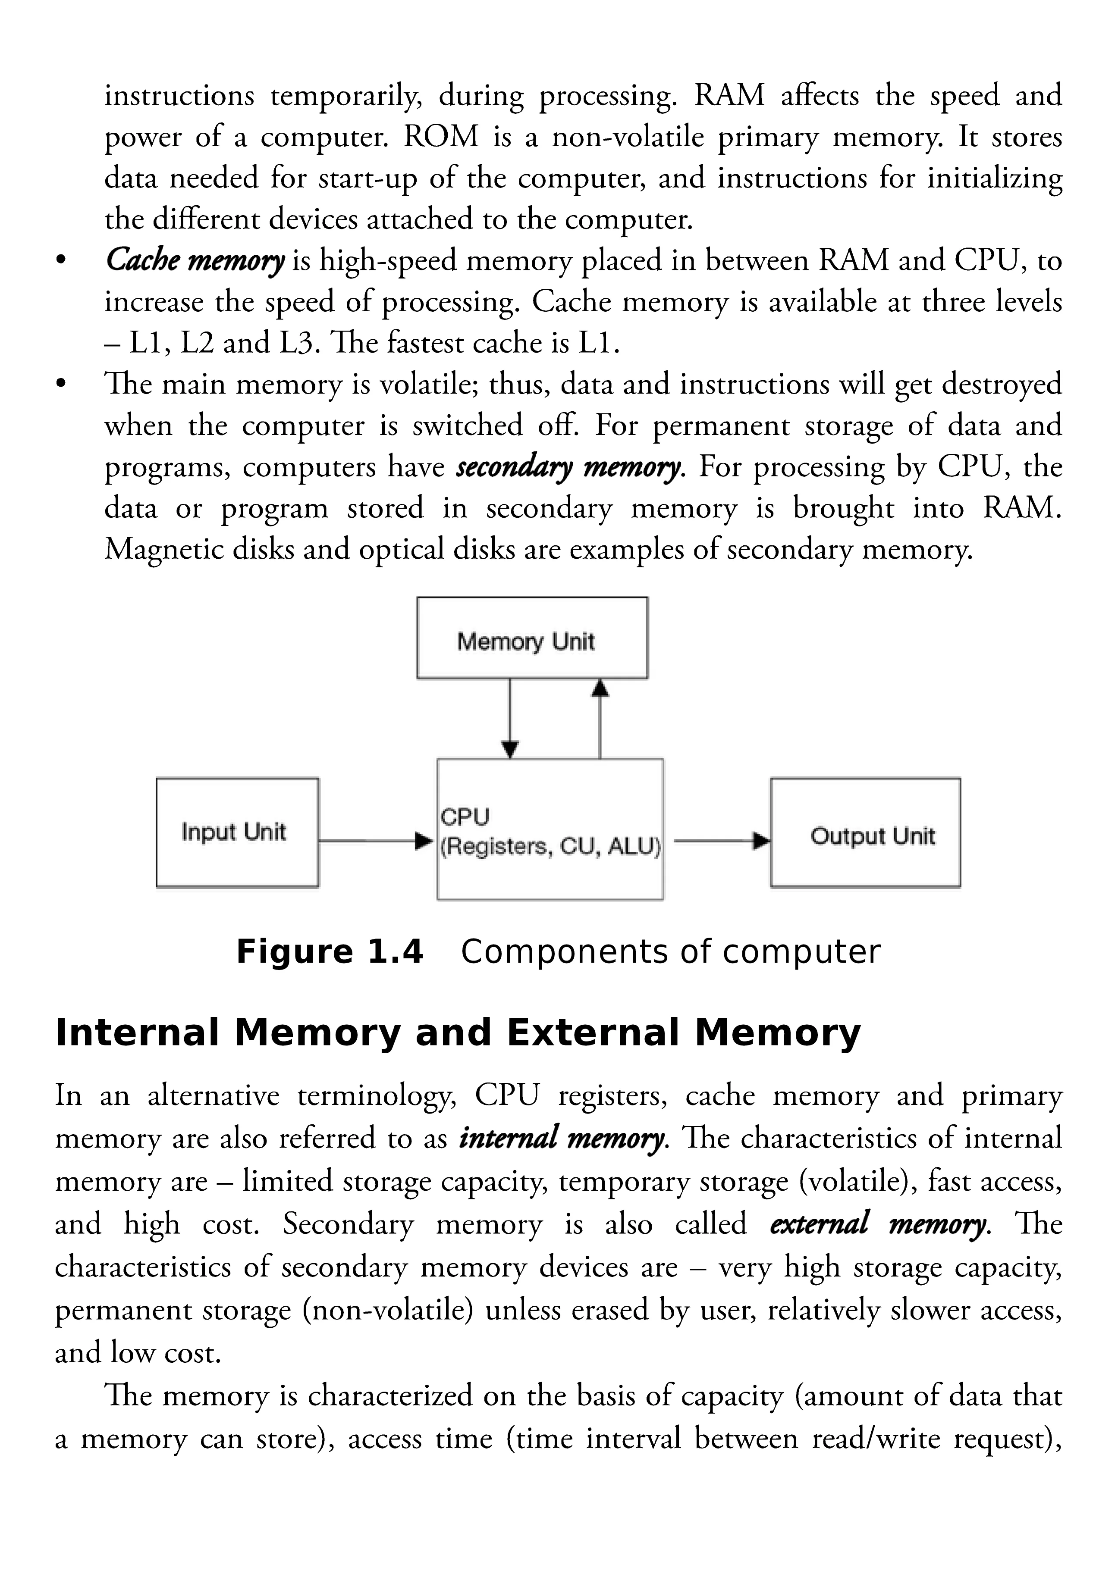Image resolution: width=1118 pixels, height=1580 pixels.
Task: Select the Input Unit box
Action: [237, 832]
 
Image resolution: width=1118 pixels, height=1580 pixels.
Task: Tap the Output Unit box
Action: [865, 832]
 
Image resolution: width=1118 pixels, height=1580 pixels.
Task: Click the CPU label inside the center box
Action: [465, 817]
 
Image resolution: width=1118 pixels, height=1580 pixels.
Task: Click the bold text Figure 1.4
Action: [329, 952]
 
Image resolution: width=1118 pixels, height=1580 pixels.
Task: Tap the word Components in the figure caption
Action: [565, 952]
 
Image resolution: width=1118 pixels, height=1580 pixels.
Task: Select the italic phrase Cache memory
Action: [195, 261]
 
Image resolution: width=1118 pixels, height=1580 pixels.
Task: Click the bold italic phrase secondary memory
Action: [568, 467]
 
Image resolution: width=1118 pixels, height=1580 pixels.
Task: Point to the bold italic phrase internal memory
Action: [562, 1138]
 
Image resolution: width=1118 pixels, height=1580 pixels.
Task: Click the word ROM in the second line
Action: [440, 137]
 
